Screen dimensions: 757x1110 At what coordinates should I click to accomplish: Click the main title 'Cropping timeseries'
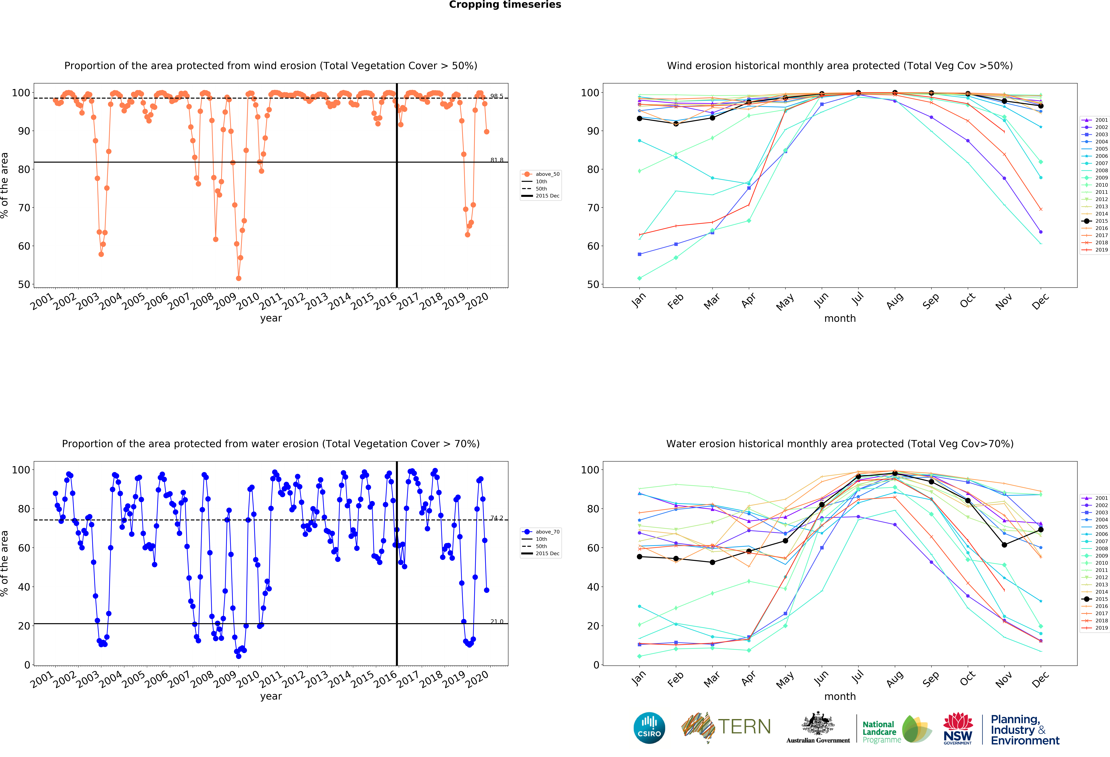[505, 5]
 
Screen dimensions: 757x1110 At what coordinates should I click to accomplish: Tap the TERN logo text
[744, 727]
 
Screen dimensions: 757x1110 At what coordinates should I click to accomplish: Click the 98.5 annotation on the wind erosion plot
[496, 96]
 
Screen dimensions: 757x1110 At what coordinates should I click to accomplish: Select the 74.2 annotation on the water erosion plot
[496, 518]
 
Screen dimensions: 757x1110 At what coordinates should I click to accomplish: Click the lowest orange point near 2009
[238, 278]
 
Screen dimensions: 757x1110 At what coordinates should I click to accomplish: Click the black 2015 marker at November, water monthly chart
[1004, 545]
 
